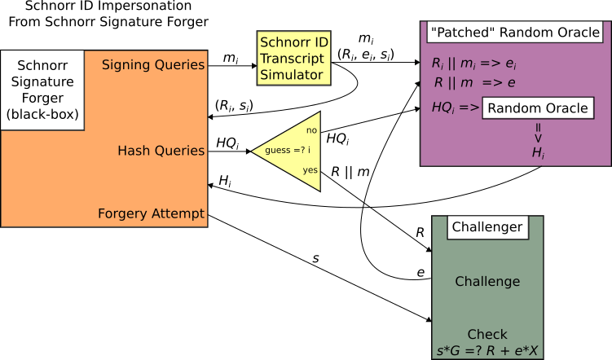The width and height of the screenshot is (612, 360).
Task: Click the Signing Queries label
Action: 153,65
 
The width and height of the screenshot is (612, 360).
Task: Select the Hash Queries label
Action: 161,151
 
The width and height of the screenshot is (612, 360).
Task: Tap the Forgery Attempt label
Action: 151,214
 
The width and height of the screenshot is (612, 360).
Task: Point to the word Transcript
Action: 292,59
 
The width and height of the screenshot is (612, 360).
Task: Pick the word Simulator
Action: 291,75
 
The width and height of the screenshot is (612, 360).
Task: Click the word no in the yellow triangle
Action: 311,130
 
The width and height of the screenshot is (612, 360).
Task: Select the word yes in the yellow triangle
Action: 310,170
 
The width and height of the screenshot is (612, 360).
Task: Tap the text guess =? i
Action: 287,151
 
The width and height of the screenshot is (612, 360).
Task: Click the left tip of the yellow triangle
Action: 255,151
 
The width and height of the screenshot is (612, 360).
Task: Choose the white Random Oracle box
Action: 538,108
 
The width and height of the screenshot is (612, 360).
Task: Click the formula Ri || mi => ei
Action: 473,64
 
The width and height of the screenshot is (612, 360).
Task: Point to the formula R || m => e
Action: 474,83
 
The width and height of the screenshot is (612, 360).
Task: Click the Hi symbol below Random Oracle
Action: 538,152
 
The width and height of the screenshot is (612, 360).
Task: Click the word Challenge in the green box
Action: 487,282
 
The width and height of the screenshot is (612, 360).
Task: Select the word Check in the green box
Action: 487,335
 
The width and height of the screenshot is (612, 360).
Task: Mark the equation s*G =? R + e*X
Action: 487,351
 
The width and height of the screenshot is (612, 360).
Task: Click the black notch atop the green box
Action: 487,228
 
